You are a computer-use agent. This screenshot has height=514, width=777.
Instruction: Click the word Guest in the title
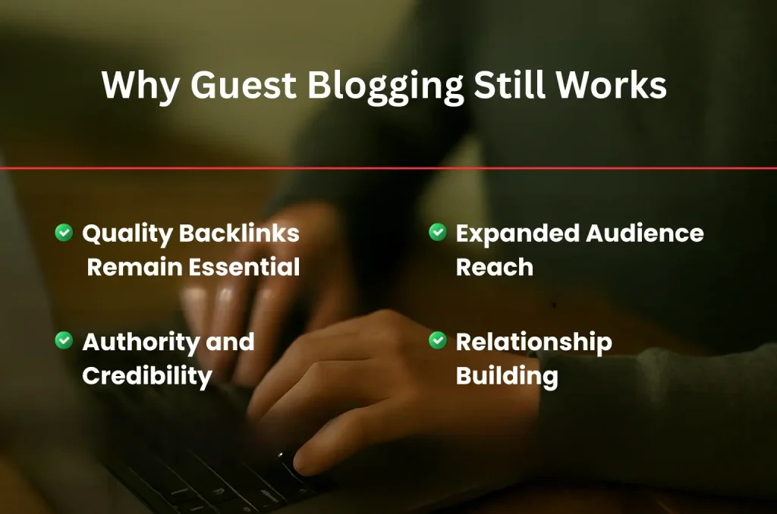pyautogui.click(x=242, y=86)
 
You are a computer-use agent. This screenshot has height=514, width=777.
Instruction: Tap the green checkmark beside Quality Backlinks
pyautogui.click(x=64, y=233)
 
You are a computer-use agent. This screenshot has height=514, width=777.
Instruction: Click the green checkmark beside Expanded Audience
pyautogui.click(x=438, y=233)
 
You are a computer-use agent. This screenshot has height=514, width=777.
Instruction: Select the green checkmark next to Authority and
pyautogui.click(x=64, y=341)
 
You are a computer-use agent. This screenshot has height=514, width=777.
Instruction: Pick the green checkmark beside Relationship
pyautogui.click(x=438, y=341)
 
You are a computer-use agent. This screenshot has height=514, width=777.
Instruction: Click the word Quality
pyautogui.click(x=127, y=233)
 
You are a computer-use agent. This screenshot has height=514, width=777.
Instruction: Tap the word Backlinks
pyautogui.click(x=239, y=233)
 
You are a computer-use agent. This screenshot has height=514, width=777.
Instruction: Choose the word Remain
pyautogui.click(x=133, y=267)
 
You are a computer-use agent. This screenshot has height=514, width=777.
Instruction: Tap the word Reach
pyautogui.click(x=494, y=267)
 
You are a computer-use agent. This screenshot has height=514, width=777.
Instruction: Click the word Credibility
pyautogui.click(x=146, y=375)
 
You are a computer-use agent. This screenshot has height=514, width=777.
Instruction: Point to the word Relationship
pyautogui.click(x=533, y=343)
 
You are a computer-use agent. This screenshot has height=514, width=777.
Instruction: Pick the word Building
pyautogui.click(x=507, y=375)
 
